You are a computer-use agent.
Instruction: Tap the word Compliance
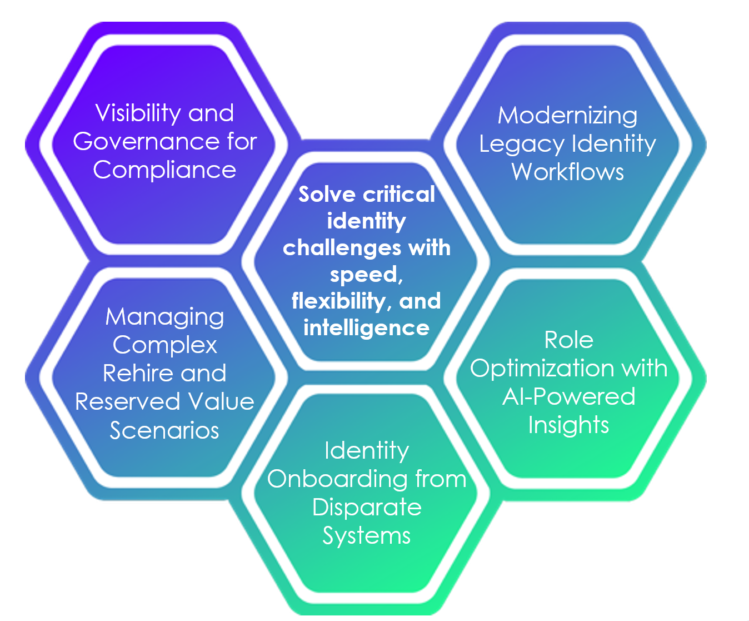coord(164,170)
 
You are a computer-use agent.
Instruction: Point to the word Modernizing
coord(567,116)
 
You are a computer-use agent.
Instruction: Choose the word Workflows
coord(567,172)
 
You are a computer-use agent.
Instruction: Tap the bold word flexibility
coord(338,301)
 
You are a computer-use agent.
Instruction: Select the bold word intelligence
coord(366,327)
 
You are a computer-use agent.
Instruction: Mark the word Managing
coord(165,317)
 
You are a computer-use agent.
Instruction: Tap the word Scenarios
coord(164,430)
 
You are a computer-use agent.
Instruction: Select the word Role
coord(568,340)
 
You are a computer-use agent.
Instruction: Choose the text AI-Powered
coord(568,396)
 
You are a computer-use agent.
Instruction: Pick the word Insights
coord(568,425)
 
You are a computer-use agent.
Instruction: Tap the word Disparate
coord(367,507)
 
